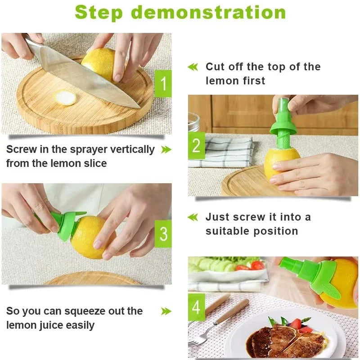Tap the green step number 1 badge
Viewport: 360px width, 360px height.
coord(163,84)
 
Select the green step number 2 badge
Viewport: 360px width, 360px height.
coord(196,146)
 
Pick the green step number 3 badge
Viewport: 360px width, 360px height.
coord(163,234)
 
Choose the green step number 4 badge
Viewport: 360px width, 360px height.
coord(196,307)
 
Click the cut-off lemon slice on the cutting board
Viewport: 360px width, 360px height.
coord(66,98)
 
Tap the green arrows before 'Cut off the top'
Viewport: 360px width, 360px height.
coord(193,67)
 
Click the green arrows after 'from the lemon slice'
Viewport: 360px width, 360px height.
coord(166,149)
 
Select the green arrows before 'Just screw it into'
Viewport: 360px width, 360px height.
coord(193,217)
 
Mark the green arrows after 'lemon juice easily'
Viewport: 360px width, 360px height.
coord(166,311)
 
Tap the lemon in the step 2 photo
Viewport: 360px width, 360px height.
coord(280,162)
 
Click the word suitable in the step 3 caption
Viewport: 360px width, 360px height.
coord(227,231)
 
